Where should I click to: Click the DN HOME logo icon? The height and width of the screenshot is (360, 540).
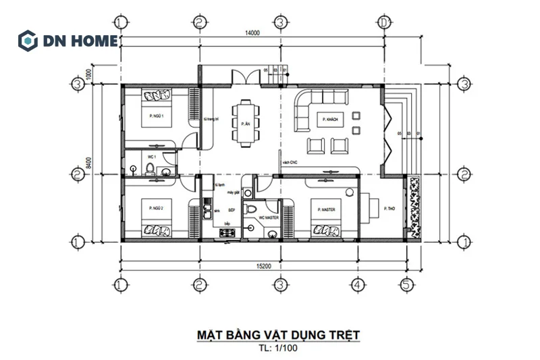(28, 40)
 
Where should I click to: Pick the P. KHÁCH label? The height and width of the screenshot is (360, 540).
(331, 119)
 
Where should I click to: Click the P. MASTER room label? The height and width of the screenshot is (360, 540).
(327, 210)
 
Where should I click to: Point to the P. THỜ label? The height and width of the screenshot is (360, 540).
(388, 209)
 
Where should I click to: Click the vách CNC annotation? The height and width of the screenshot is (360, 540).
(291, 163)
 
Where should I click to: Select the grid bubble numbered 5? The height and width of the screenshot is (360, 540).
(405, 284)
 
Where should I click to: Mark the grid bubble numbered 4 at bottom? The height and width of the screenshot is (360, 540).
(356, 284)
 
